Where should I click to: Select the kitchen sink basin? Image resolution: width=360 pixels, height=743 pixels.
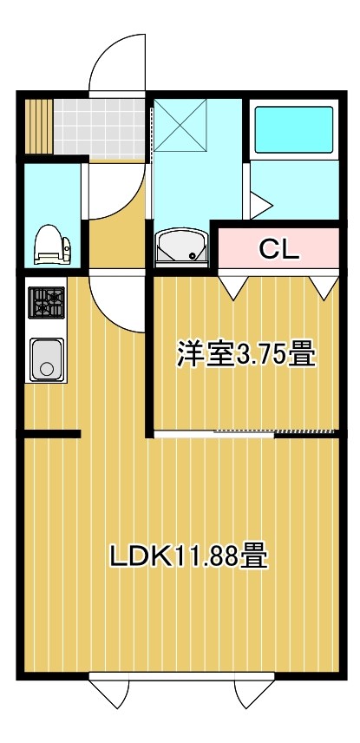(x=47, y=358)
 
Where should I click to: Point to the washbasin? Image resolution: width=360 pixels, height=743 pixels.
(x=181, y=247)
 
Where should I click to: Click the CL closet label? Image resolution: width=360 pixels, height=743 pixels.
(x=278, y=249)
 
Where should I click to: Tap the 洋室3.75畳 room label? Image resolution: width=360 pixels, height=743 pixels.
(x=245, y=354)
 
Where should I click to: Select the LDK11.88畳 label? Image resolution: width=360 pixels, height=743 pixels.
(x=187, y=555)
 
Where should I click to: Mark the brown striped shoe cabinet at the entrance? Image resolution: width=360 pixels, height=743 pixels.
(x=40, y=127)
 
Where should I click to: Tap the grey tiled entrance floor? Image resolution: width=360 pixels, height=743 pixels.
(x=101, y=127)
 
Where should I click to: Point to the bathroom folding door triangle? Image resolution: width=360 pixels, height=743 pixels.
(x=261, y=205)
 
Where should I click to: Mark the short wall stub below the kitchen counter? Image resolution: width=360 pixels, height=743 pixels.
(x=52, y=433)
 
